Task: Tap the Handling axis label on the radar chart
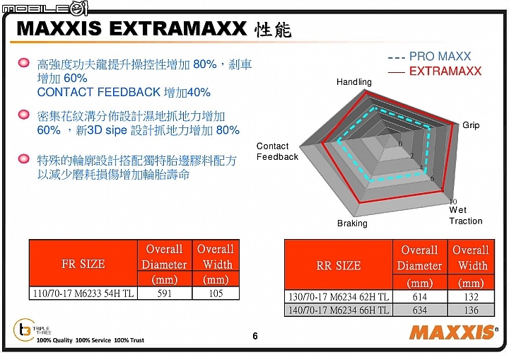click(x=354, y=82)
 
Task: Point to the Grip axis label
click(x=471, y=125)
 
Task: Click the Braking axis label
click(x=352, y=223)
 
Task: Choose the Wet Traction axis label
click(x=465, y=216)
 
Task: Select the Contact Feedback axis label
click(x=277, y=151)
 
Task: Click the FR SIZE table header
click(x=83, y=264)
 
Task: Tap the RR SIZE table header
click(x=338, y=265)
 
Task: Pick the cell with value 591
click(x=165, y=293)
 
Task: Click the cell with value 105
click(x=216, y=293)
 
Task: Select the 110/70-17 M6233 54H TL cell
click(x=83, y=293)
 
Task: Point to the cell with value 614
click(x=420, y=296)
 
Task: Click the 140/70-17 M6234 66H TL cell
click(x=339, y=310)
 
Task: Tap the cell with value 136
click(x=471, y=310)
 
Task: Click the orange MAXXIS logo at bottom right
click(x=453, y=332)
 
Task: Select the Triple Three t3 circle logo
click(x=24, y=330)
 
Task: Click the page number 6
click(x=255, y=336)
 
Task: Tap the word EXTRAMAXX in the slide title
click(x=178, y=28)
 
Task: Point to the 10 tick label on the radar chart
click(x=453, y=202)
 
